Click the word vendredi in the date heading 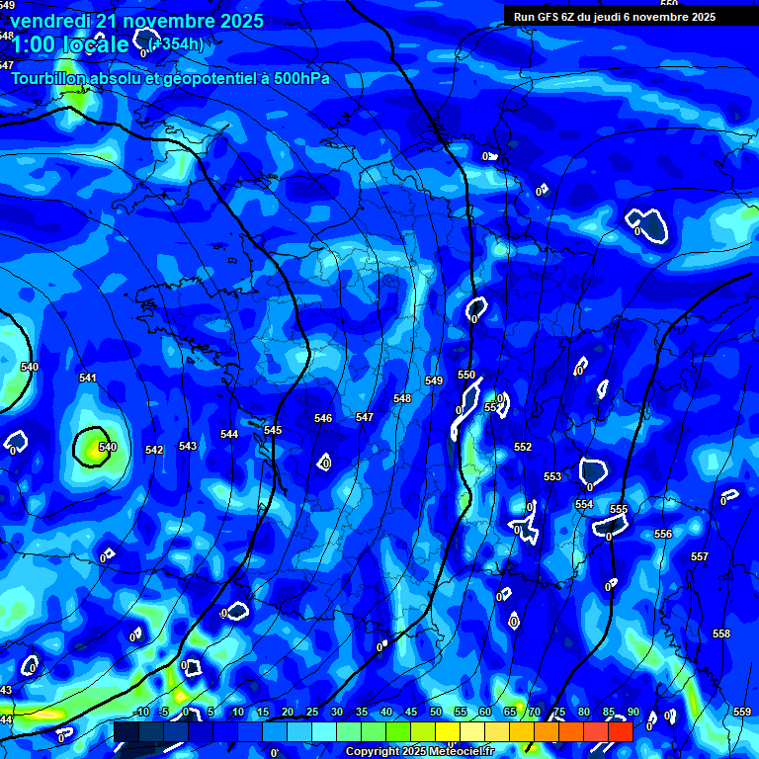[x=50, y=21]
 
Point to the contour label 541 [x=88, y=378]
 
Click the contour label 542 [x=154, y=450]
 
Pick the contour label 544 [x=229, y=434]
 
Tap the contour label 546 [x=323, y=418]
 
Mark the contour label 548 [x=402, y=398]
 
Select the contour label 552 [x=523, y=447]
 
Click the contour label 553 [x=552, y=476]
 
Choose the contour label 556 [x=663, y=534]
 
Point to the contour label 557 [x=700, y=556]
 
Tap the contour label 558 [x=721, y=633]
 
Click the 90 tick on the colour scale [x=632, y=712]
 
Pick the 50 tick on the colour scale [x=436, y=712]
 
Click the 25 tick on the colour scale [x=312, y=712]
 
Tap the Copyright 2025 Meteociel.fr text [x=420, y=751]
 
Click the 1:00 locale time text [x=69, y=44]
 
